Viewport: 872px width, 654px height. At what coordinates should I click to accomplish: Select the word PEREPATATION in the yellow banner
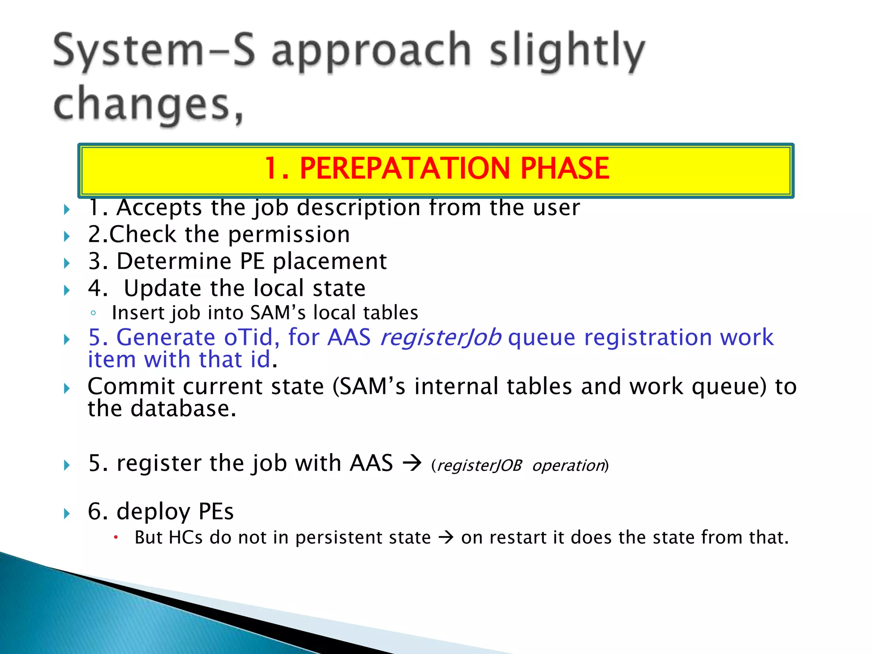tap(404, 168)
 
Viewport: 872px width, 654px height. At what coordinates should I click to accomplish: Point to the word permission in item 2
tap(289, 235)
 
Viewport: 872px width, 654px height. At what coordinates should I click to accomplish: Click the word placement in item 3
tap(330, 262)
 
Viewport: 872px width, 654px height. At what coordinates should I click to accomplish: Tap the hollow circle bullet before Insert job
tap(93, 314)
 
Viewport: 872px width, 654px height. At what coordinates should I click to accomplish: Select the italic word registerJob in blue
tap(440, 338)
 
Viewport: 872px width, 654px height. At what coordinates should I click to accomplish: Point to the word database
tap(183, 409)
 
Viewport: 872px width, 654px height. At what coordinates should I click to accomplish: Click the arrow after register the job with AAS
tap(412, 463)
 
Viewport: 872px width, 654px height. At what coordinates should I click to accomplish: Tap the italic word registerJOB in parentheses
tap(479, 465)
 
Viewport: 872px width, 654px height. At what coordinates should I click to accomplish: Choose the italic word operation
tap(568, 465)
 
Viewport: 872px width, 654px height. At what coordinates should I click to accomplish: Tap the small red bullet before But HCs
tap(115, 537)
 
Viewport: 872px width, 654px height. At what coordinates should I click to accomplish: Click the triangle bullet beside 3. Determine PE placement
tap(67, 263)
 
